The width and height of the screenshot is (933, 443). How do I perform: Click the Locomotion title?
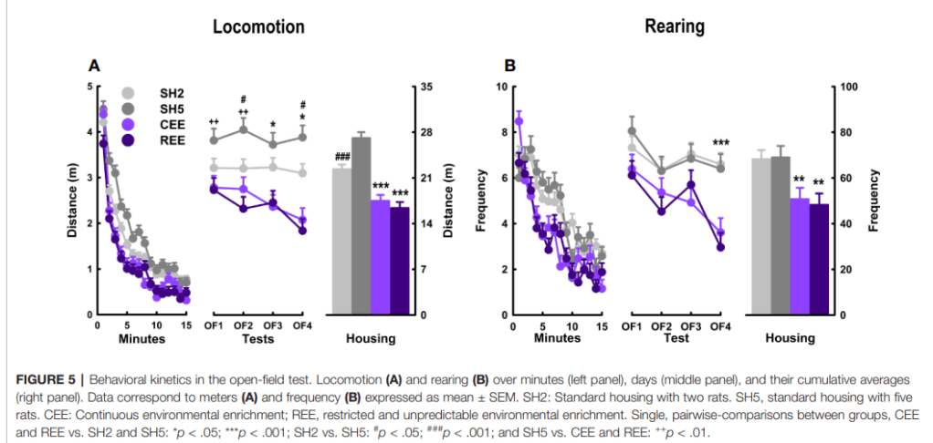(x=258, y=26)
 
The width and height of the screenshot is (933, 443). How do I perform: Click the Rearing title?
(x=674, y=26)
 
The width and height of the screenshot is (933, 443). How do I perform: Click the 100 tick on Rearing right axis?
(x=850, y=87)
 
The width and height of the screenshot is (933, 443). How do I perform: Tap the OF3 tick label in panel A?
(x=272, y=326)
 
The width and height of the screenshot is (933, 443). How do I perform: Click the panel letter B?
(x=509, y=66)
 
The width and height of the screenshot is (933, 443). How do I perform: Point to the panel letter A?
(x=94, y=66)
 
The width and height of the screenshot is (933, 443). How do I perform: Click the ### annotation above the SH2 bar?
(x=343, y=158)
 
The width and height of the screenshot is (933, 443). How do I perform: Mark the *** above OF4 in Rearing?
(x=720, y=143)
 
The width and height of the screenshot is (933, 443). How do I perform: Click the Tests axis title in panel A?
(x=258, y=339)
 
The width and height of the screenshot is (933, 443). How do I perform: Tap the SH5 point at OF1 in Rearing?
(x=632, y=130)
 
